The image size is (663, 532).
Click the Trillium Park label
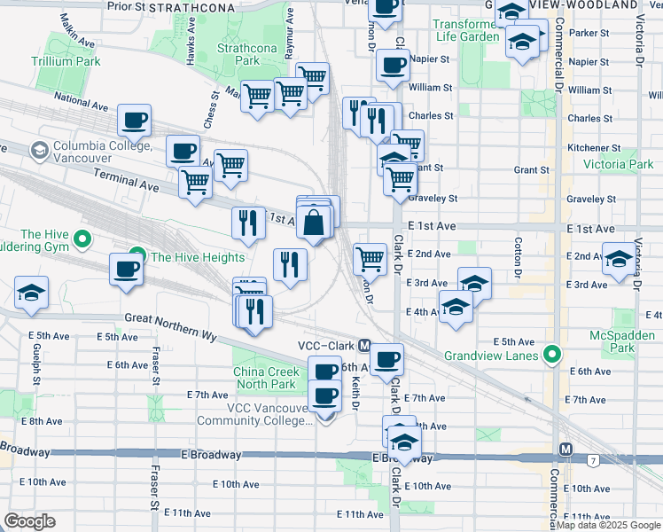[66, 61]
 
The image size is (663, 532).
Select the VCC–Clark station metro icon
[363, 345]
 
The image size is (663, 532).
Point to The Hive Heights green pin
[137, 257]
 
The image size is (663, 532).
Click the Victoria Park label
[618, 164]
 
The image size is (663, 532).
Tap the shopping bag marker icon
[314, 222]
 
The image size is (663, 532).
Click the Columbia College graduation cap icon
[39, 151]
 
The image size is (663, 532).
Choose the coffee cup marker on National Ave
[135, 120]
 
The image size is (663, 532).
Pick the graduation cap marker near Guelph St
[31, 293]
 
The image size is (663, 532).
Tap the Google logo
[29, 521]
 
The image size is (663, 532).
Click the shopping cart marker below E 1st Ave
[370, 259]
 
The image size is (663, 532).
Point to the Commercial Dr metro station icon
[566, 450]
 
